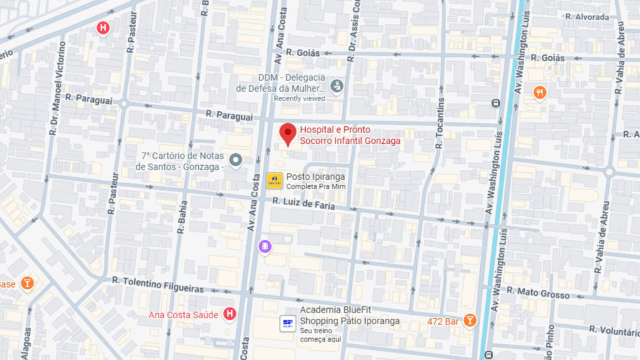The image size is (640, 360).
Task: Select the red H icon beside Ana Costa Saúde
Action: point(230,314)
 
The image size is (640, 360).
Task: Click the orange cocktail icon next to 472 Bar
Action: point(469,321)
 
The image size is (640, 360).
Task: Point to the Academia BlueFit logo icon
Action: point(287,323)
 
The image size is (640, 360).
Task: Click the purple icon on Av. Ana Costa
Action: point(265,247)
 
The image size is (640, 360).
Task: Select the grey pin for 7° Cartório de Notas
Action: point(236,161)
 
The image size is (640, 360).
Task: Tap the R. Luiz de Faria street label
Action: point(304,203)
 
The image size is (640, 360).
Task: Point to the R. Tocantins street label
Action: point(440,122)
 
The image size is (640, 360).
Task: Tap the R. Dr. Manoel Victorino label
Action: point(57,88)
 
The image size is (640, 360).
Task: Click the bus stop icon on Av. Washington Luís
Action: point(496,103)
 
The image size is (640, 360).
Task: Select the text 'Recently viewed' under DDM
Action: point(299,98)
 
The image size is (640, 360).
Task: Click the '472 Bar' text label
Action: point(444,321)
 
